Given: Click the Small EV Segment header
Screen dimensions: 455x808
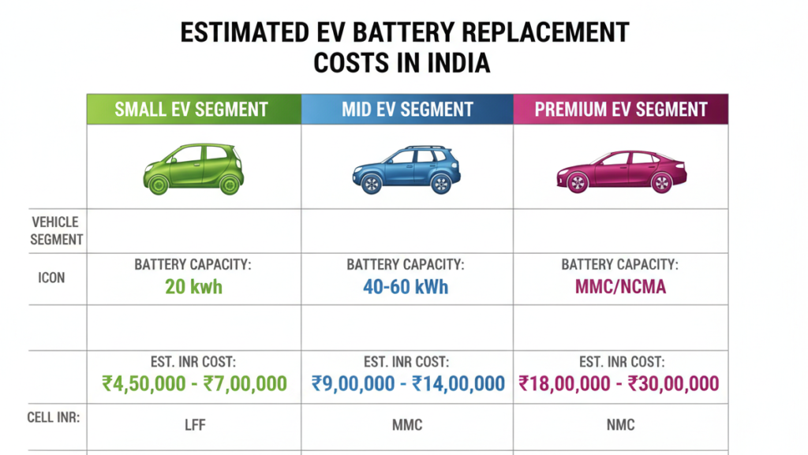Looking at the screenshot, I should click(x=192, y=110).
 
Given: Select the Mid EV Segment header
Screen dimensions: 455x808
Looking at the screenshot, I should click(x=407, y=110).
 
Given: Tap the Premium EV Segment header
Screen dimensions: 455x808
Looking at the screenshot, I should click(x=621, y=110).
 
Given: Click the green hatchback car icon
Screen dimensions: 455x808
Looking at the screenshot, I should click(x=193, y=169).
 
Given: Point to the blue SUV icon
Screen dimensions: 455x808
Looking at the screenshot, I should click(x=407, y=170).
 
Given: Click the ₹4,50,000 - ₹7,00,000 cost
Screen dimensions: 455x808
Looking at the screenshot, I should click(x=194, y=384).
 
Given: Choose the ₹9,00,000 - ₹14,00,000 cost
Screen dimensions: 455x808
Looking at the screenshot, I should click(x=408, y=384).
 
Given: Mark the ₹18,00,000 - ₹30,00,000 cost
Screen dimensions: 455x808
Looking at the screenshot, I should click(x=619, y=384).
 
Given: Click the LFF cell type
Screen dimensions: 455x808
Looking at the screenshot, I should click(x=193, y=425).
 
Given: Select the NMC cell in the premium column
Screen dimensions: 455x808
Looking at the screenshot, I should click(x=619, y=425).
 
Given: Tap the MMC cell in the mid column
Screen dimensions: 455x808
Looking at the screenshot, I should click(x=406, y=425).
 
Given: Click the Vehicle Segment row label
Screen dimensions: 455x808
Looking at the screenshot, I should click(x=55, y=230).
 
